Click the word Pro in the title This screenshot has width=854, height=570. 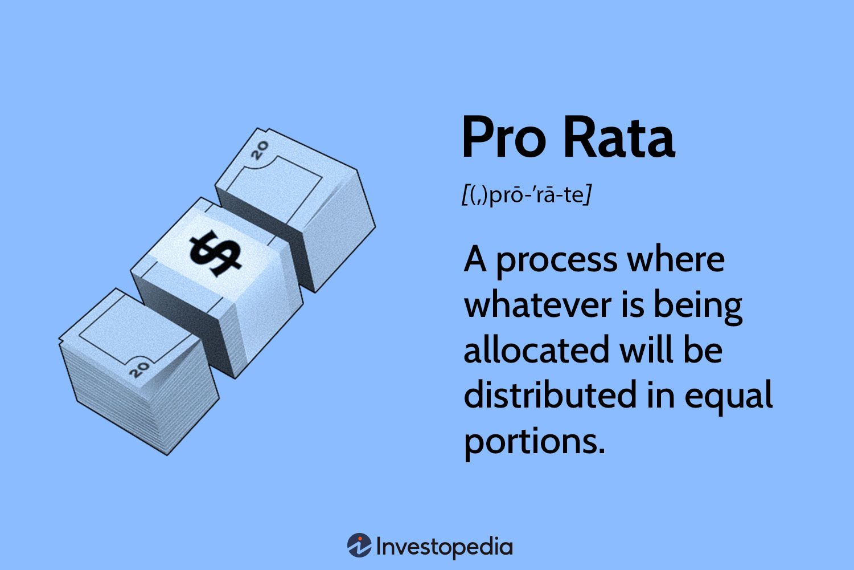pyautogui.click(x=504, y=137)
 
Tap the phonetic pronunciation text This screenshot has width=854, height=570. pyautogui.click(x=527, y=195)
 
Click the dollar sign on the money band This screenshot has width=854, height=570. pyautogui.click(x=215, y=253)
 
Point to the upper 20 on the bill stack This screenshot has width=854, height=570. pyautogui.click(x=260, y=150)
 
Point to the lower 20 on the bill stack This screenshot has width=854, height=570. pyautogui.click(x=139, y=369)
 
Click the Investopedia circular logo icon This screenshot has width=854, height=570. pyautogui.click(x=359, y=545)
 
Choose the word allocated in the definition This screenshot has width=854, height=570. pyautogui.click(x=536, y=350)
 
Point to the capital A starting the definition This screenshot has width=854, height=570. pyautogui.click(x=475, y=259)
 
